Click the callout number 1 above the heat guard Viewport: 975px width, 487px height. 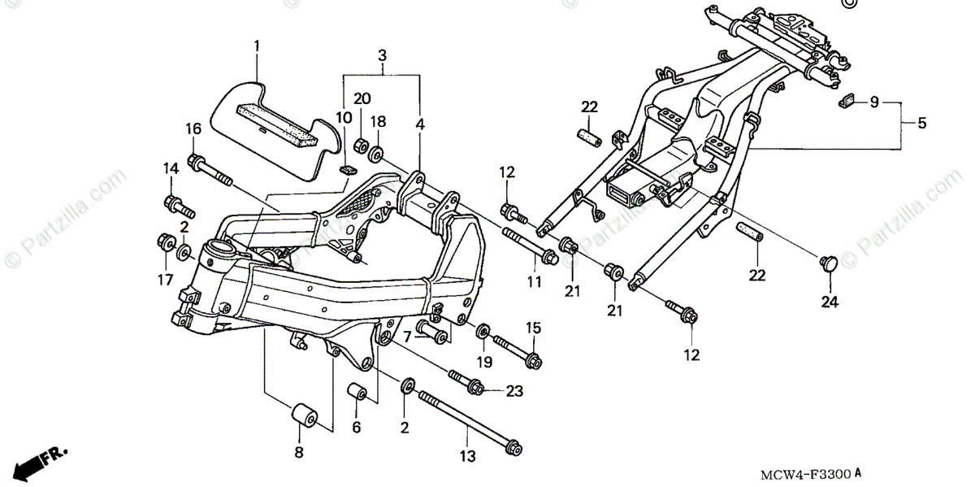(x=257, y=46)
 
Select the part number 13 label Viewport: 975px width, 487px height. (x=468, y=456)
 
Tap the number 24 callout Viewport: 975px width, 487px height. (x=830, y=302)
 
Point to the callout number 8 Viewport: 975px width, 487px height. (x=299, y=452)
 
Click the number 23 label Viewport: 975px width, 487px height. (x=514, y=391)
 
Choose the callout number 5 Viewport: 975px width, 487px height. (x=922, y=123)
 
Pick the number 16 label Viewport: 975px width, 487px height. (x=193, y=129)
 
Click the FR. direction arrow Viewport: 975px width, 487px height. (x=41, y=463)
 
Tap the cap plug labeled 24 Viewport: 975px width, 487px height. (x=829, y=263)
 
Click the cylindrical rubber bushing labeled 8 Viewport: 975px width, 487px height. (x=304, y=416)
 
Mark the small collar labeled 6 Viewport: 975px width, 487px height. (x=357, y=391)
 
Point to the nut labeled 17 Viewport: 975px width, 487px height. (x=166, y=242)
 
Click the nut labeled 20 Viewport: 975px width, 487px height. (x=362, y=146)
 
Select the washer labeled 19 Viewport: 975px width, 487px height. (x=483, y=331)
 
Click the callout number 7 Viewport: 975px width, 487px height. (x=407, y=337)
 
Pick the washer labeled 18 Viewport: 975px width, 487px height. (x=376, y=154)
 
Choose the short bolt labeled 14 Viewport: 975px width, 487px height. (x=180, y=207)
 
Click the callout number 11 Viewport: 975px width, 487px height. (x=535, y=282)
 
